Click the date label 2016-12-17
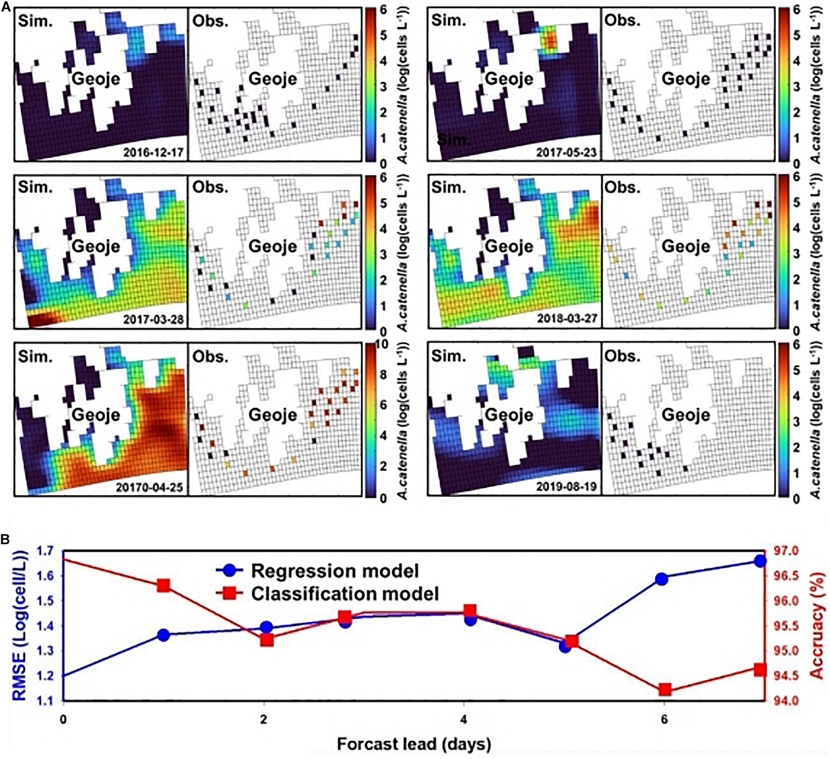(154, 152)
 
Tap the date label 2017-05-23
(566, 152)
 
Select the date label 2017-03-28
(154, 320)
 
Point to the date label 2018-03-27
(566, 319)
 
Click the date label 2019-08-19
(566, 486)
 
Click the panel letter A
(6, 7)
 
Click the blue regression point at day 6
(661, 579)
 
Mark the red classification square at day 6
(664, 690)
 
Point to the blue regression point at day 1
(163, 635)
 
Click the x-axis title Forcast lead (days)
(414, 744)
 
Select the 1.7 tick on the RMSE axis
(49, 551)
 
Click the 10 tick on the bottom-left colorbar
(382, 344)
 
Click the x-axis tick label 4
(464, 719)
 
